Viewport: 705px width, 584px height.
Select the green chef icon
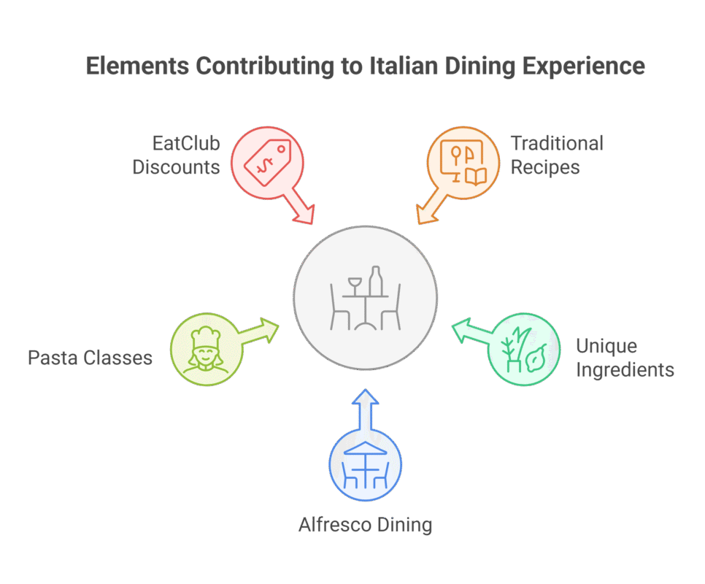coord(205,350)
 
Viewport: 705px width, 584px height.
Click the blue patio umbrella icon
coord(366,467)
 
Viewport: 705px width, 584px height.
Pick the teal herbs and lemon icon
coord(523,349)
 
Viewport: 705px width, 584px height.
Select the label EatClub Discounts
coord(176,155)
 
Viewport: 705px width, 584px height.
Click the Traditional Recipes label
coord(556,155)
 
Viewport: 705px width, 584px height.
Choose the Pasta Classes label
coord(90,358)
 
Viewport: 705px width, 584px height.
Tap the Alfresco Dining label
coord(366,525)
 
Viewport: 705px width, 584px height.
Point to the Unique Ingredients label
coord(625,358)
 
